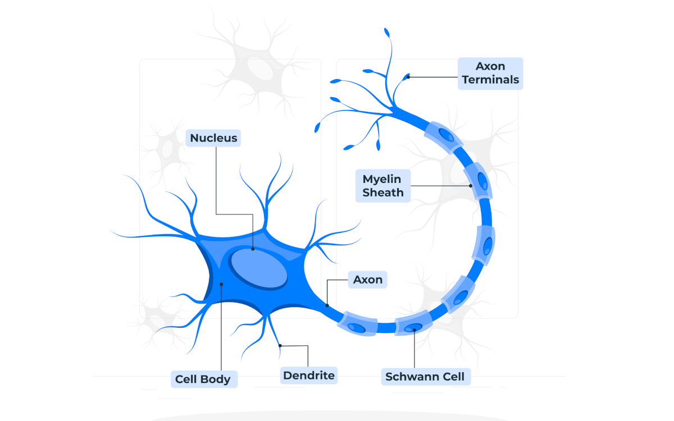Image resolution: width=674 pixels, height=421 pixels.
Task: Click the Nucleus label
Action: (x=213, y=138)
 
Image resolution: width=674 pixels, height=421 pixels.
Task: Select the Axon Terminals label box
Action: (x=490, y=74)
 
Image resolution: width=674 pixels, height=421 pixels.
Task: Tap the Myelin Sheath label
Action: (x=383, y=186)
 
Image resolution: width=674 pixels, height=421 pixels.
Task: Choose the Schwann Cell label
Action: (x=425, y=377)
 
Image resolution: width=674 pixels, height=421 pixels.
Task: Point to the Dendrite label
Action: (x=309, y=376)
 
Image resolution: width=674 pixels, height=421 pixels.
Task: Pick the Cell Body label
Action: (x=203, y=379)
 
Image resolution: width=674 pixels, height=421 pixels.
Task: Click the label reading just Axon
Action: (x=368, y=280)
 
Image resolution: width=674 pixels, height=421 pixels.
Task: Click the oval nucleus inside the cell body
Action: (x=259, y=268)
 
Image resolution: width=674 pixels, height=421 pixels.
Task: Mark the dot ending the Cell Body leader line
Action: (x=222, y=284)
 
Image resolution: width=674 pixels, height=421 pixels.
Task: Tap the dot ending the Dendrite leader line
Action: (x=280, y=346)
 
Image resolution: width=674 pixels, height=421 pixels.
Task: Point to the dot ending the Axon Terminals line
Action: (x=408, y=76)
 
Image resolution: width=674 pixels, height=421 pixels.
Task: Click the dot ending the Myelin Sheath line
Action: (x=471, y=186)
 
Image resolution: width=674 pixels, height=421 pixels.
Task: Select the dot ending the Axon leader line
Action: (x=327, y=306)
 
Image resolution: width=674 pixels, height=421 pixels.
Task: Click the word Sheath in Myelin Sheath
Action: (x=383, y=193)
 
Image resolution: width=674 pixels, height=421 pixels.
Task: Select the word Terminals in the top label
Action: (x=490, y=80)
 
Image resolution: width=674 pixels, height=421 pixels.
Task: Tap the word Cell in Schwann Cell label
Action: (x=453, y=377)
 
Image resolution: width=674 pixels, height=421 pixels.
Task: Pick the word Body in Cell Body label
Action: (x=217, y=379)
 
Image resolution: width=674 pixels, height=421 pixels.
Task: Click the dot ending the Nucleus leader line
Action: (x=253, y=249)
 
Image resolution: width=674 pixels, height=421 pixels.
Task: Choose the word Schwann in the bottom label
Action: (x=411, y=377)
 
